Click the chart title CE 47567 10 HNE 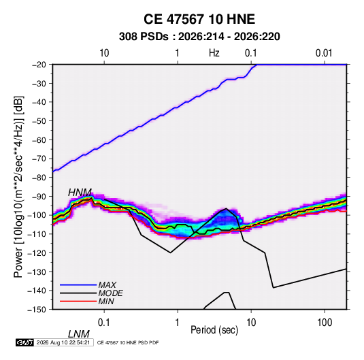click(199, 19)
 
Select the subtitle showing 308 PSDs click(199, 37)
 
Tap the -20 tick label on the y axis click(39, 65)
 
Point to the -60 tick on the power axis click(39, 140)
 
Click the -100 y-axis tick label click(37, 215)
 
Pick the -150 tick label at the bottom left click(37, 310)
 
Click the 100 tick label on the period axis click(325, 323)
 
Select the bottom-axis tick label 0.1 click(104, 323)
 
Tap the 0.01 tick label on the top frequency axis click(324, 53)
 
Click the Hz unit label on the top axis click(214, 53)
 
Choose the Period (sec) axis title click(214, 330)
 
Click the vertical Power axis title click(18, 186)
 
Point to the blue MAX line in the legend click(78, 284)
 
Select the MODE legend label click(110, 293)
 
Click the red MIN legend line click(78, 301)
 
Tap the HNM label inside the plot click(80, 193)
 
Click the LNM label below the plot click(79, 334)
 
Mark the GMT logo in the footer click(24, 342)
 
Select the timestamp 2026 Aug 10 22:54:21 click(63, 342)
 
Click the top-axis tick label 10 click(104, 53)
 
